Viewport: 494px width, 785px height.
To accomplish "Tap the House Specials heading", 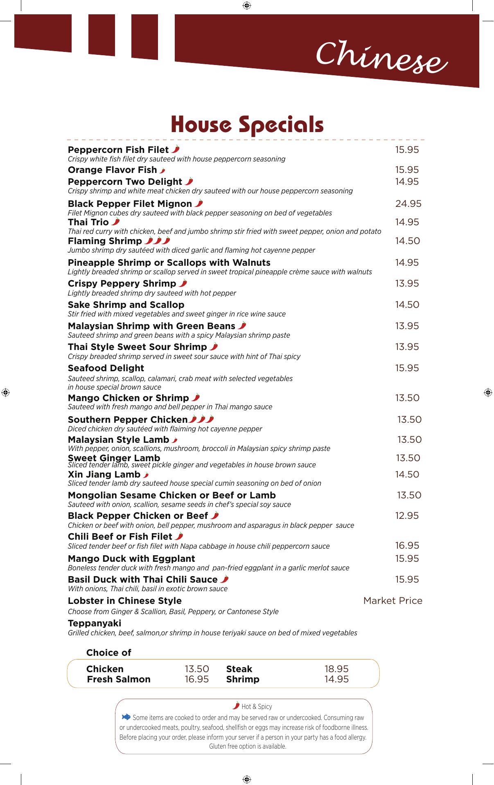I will click(x=247, y=124).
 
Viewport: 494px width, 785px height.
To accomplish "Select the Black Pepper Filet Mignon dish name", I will click(x=130, y=204).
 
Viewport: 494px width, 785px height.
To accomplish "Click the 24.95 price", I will click(x=408, y=204).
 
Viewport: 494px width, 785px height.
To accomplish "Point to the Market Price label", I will click(x=392, y=601).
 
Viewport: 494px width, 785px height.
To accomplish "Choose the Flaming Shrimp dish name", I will click(x=105, y=241).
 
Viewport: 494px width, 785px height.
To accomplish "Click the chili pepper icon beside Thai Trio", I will click(x=116, y=222).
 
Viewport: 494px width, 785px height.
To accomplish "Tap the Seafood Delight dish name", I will click(x=106, y=368).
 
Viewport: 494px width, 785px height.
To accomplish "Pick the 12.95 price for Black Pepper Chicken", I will click(x=407, y=516).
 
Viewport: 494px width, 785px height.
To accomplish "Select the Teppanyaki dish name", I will click(x=95, y=623).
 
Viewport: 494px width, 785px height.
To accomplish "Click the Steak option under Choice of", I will click(x=239, y=669).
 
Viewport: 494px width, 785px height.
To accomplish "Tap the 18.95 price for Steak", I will click(x=336, y=669).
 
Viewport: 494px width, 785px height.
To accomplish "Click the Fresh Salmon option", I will click(x=119, y=679).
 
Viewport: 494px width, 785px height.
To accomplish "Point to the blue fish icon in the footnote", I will click(x=126, y=717).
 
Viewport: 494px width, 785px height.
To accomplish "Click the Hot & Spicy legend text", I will click(x=257, y=706).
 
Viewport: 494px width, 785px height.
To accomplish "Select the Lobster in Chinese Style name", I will click(x=125, y=601).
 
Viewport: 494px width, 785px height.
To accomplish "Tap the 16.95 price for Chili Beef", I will click(x=407, y=545).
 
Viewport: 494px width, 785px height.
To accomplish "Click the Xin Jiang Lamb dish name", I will click(x=104, y=474).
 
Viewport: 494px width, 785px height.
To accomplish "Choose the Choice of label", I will click(x=108, y=653).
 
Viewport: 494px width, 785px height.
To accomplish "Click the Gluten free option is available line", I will click(x=248, y=746).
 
